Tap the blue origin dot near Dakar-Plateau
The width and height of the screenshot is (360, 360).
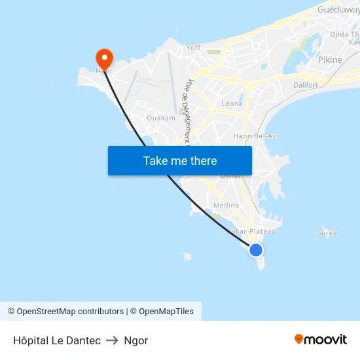pos(256,250)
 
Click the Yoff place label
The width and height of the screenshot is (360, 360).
pos(194,48)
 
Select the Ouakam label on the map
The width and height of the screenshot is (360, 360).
pos(161,118)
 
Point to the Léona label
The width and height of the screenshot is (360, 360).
pos(232,103)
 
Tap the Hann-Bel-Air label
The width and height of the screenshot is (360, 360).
pos(255,135)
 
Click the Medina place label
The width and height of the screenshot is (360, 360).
pos(226,205)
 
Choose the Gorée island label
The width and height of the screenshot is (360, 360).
pos(326,233)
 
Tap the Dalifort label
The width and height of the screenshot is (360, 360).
pos(306,85)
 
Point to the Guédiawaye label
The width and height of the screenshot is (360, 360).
pos(338,10)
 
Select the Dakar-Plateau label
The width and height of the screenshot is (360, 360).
pos(251,231)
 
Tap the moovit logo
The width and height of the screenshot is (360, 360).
pos(320,339)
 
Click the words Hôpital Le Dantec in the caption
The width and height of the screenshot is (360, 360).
pos(57,340)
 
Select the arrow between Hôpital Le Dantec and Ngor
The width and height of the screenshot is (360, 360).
pos(112,340)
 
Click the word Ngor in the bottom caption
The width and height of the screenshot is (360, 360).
pos(135,340)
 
